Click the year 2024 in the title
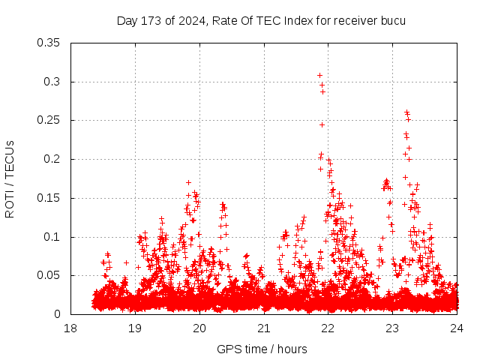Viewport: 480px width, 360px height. pyautogui.click(x=188, y=20)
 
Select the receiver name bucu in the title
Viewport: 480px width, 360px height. pyautogui.click(x=392, y=20)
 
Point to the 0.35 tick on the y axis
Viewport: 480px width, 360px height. pyautogui.click(x=49, y=43)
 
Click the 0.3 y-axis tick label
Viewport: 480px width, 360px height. pyautogui.click(x=52, y=82)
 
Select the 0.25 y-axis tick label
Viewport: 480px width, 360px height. pyautogui.click(x=49, y=121)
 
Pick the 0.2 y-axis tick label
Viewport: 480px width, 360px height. pyautogui.click(x=52, y=160)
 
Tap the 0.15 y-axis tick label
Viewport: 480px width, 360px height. pyautogui.click(x=49, y=199)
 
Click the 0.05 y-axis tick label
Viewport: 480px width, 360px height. pyautogui.click(x=49, y=276)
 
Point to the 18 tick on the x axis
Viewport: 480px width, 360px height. pyautogui.click(x=70, y=328)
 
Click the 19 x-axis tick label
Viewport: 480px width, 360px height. pyautogui.click(x=135, y=328)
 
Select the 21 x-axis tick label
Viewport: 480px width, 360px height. pyautogui.click(x=264, y=328)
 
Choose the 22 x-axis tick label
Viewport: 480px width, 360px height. pyautogui.click(x=328, y=328)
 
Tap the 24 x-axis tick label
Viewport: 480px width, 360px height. pyautogui.click(x=457, y=328)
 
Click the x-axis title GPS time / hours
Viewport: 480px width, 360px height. pyautogui.click(x=262, y=349)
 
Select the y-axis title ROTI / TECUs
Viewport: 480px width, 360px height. pyautogui.click(x=10, y=178)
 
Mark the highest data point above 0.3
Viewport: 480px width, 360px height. pyautogui.click(x=319, y=75)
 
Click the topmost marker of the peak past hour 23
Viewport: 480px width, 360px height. pyautogui.click(x=406, y=112)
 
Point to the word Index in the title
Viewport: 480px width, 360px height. pyautogui.click(x=298, y=20)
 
